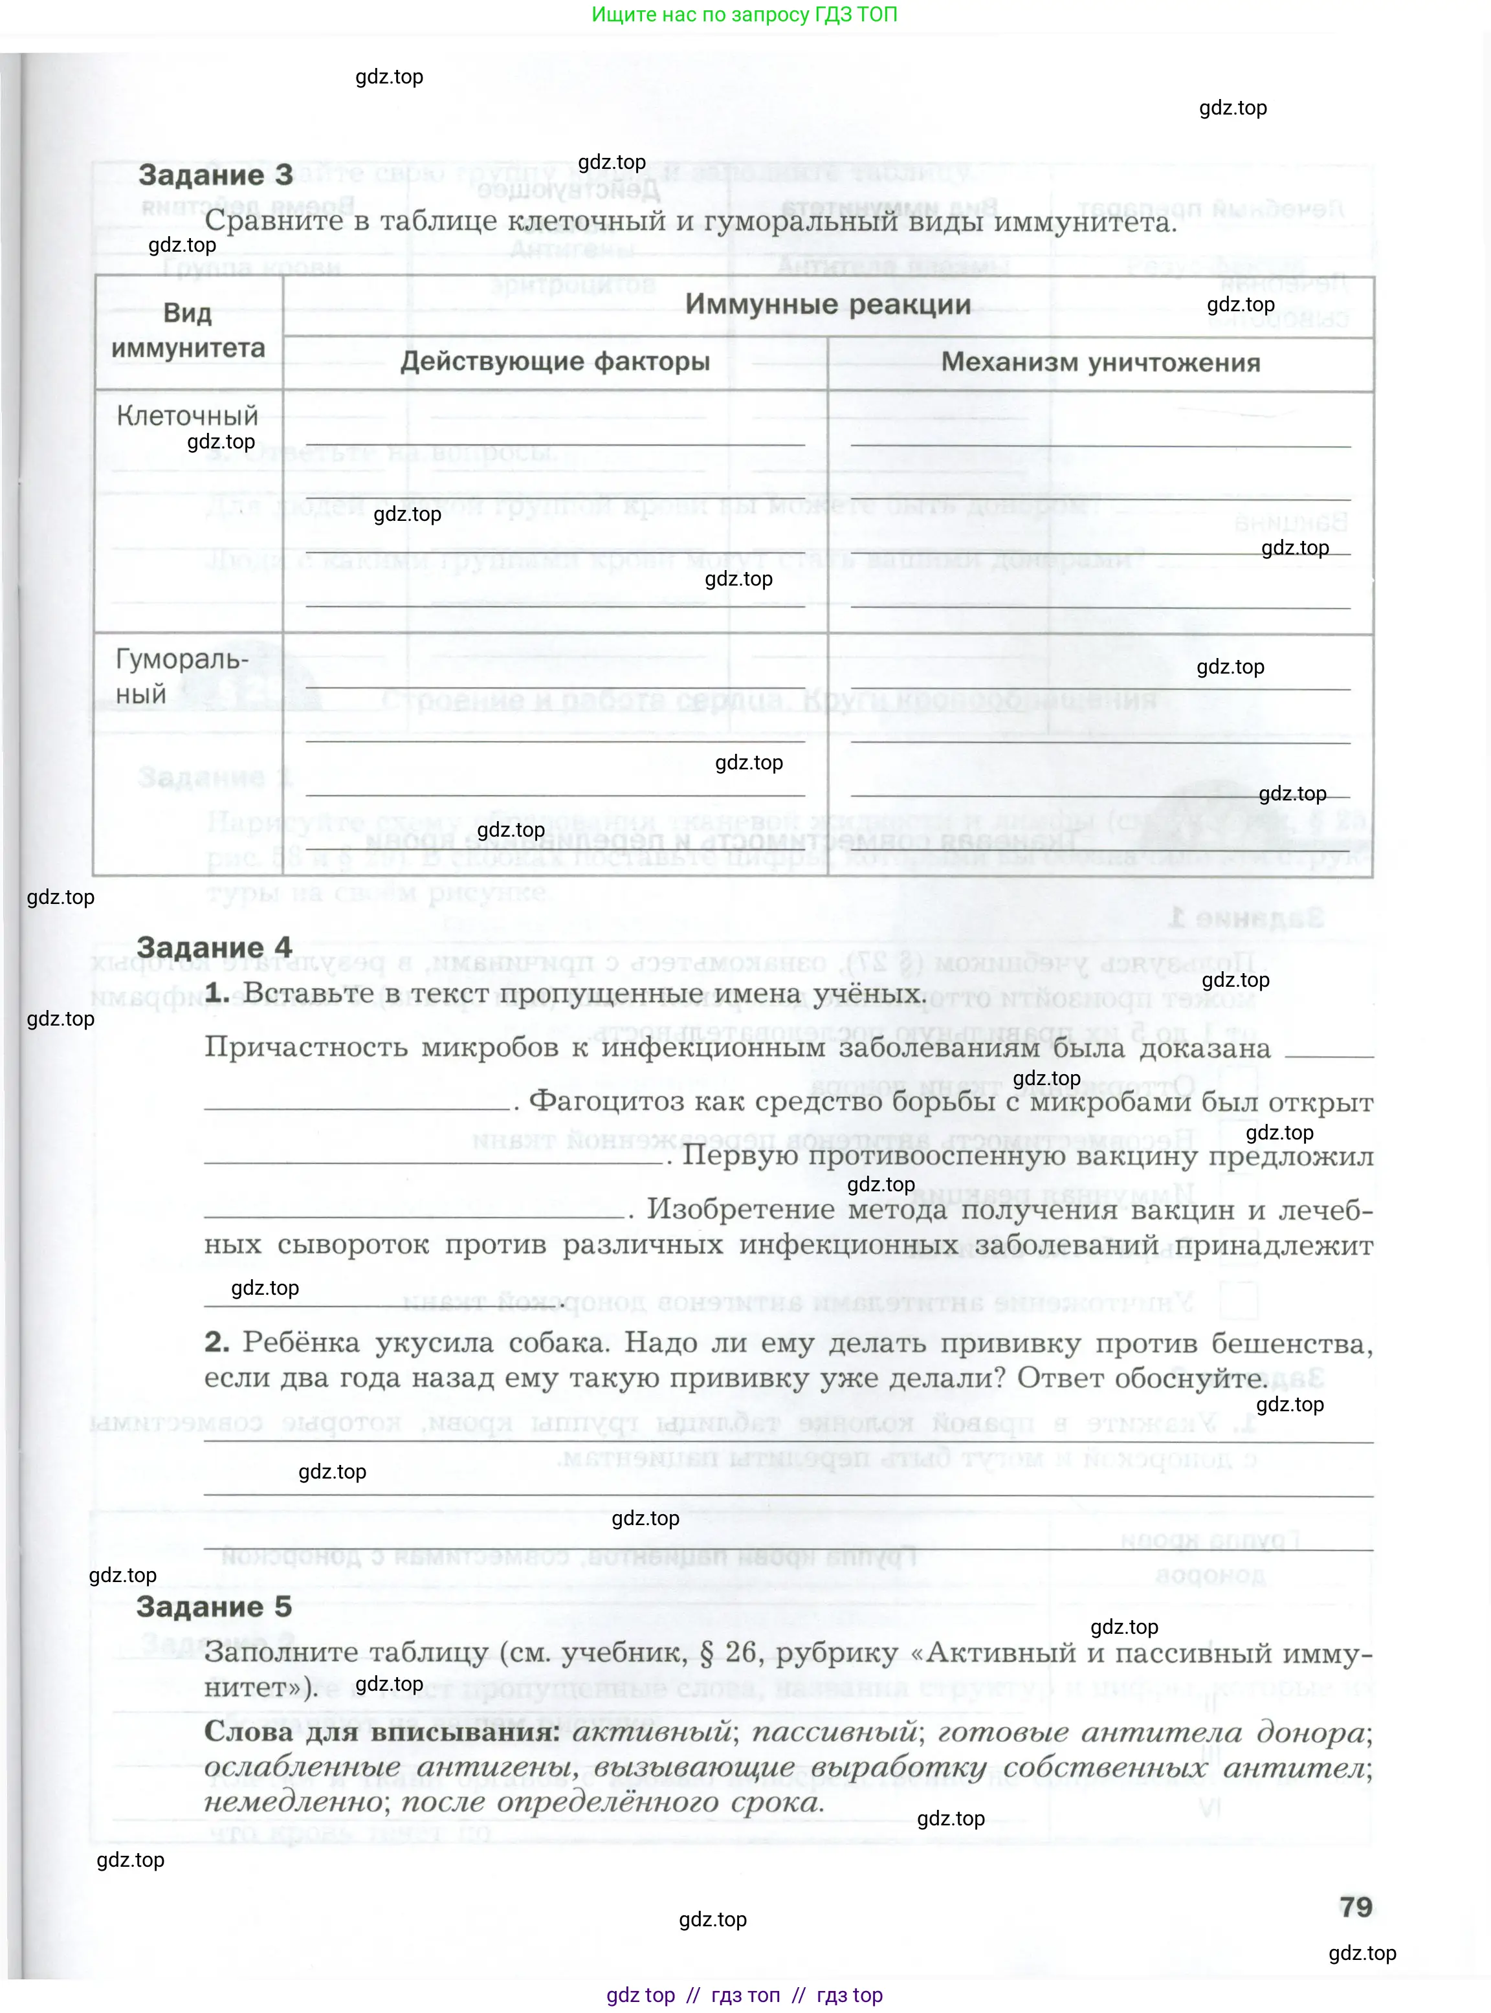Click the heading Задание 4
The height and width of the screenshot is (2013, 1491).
point(214,947)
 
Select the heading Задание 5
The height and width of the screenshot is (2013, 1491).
point(214,1606)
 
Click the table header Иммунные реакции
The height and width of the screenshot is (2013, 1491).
point(828,305)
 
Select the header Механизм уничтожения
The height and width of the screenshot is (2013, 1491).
point(1100,363)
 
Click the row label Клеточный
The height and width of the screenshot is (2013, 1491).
point(187,416)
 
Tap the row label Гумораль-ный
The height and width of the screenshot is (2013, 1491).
point(181,677)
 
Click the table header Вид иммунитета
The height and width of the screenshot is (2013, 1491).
point(188,330)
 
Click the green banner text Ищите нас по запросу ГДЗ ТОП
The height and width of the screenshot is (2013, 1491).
point(745,14)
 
